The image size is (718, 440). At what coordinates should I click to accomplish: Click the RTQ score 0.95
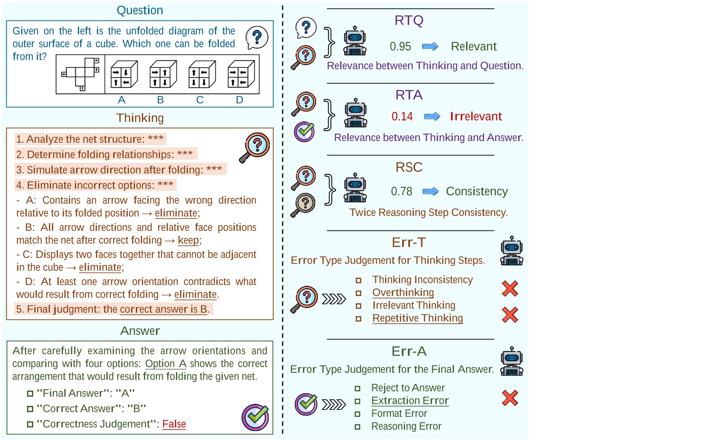tap(400, 46)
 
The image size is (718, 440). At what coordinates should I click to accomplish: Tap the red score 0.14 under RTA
tap(402, 116)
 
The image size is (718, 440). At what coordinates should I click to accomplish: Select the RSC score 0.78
tap(401, 191)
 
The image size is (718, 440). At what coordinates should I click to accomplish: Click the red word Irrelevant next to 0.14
tap(476, 116)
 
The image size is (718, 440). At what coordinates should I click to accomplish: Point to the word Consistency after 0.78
tap(476, 191)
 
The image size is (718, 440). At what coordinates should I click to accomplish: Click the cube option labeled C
tap(202, 74)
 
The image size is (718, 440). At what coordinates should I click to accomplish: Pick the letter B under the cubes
tap(160, 100)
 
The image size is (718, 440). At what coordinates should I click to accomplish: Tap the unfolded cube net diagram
tap(81, 74)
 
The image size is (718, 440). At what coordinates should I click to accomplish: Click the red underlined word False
tap(174, 424)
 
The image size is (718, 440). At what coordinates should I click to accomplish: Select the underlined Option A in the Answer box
tap(165, 363)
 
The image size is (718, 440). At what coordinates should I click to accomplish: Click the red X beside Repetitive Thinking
tap(510, 315)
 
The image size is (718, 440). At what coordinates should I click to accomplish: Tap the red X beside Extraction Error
tap(510, 398)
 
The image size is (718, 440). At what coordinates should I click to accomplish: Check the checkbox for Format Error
tap(358, 414)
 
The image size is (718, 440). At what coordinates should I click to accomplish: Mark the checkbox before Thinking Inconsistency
tap(358, 280)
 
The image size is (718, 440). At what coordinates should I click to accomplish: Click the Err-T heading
tap(408, 242)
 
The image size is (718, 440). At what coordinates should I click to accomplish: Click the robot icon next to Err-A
tap(511, 361)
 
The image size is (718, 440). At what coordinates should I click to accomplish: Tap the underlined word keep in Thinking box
tap(188, 240)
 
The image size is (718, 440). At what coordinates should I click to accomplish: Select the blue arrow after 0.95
tap(430, 46)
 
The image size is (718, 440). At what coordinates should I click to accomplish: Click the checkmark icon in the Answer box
tap(255, 417)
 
